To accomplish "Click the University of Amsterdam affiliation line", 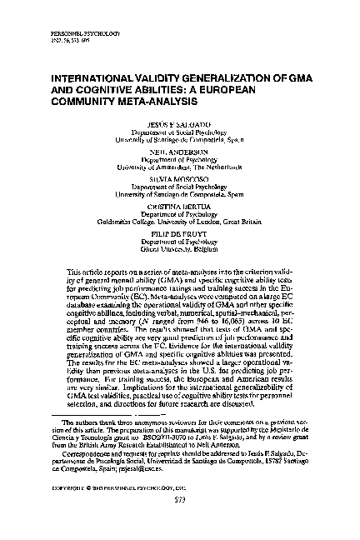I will [x=179, y=167].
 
